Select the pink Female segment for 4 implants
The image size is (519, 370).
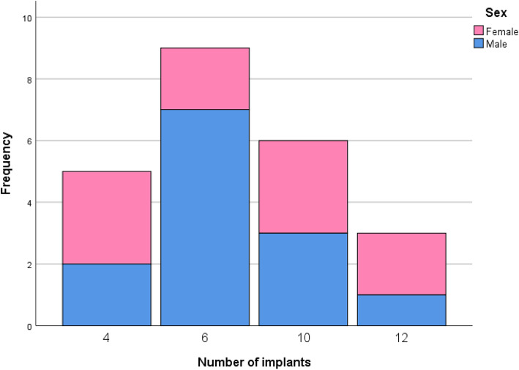click(x=107, y=218)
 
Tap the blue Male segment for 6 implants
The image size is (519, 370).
click(x=205, y=217)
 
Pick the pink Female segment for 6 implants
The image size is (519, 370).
click(x=205, y=78)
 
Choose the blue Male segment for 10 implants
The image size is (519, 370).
click(x=303, y=279)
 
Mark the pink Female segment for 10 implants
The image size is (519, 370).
click(x=303, y=187)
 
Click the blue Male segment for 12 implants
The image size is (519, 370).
click(x=401, y=310)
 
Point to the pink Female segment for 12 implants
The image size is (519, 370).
click(x=401, y=264)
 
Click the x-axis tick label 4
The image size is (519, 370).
click(x=107, y=339)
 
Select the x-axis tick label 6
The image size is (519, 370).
click(x=205, y=339)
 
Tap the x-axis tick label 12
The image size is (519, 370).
click(x=401, y=339)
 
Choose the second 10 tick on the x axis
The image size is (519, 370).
click(x=303, y=339)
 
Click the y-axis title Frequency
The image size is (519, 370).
click(x=7, y=163)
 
